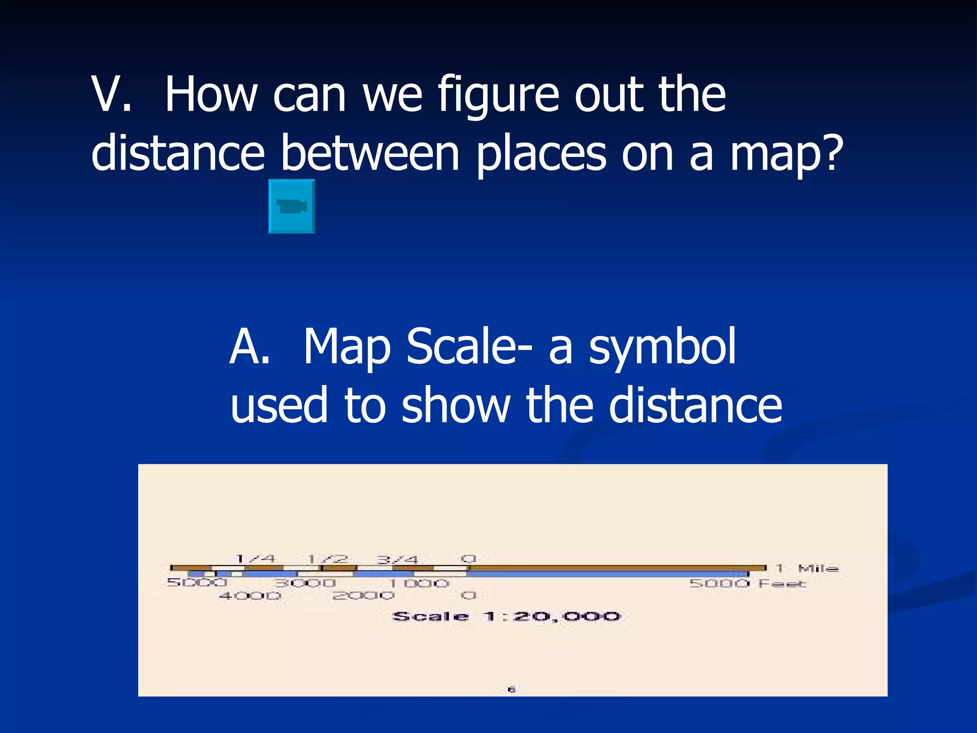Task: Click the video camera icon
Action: (x=291, y=206)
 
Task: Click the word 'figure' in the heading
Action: (x=498, y=95)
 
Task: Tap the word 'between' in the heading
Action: (x=370, y=153)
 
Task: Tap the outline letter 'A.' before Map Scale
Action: (x=249, y=347)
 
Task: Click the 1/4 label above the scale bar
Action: (x=256, y=558)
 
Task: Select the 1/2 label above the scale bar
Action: (x=327, y=559)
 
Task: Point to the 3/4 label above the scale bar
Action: (x=397, y=559)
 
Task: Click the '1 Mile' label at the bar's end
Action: (x=807, y=568)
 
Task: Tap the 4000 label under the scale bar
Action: (x=250, y=596)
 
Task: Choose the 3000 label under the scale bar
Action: (x=305, y=583)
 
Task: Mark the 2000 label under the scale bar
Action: (x=364, y=596)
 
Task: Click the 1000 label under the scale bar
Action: (x=419, y=583)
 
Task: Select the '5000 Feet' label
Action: (x=748, y=583)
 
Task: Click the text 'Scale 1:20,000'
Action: (x=506, y=616)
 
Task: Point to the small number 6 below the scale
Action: (x=511, y=689)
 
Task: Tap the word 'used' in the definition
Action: (x=279, y=406)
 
